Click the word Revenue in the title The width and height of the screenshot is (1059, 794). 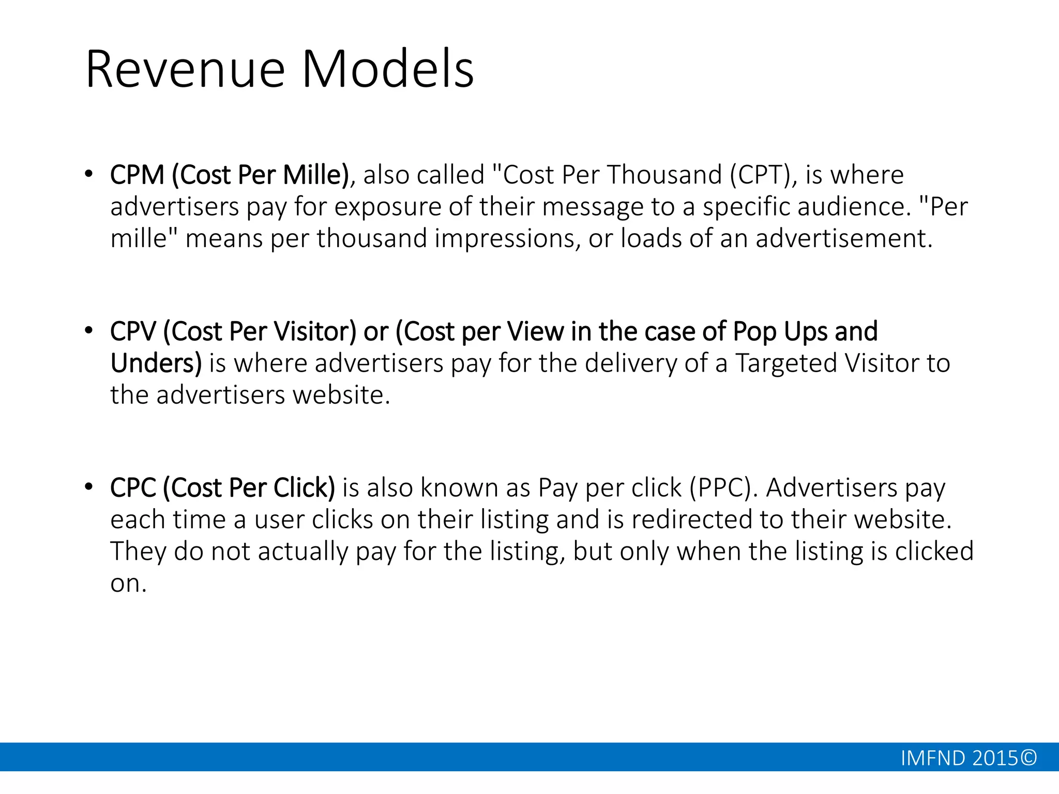(x=185, y=69)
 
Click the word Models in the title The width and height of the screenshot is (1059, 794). (x=387, y=69)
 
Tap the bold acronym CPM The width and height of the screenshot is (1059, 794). (x=137, y=175)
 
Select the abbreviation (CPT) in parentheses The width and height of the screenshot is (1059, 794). (x=760, y=175)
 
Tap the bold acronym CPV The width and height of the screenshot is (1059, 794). (x=133, y=331)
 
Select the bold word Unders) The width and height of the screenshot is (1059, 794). (x=156, y=363)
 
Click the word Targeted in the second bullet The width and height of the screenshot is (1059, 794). (x=786, y=363)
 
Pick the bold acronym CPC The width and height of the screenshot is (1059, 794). (x=133, y=488)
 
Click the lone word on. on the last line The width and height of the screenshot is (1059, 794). (x=128, y=584)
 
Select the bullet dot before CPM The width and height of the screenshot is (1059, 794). (x=89, y=174)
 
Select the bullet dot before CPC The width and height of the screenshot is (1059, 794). (x=89, y=487)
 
